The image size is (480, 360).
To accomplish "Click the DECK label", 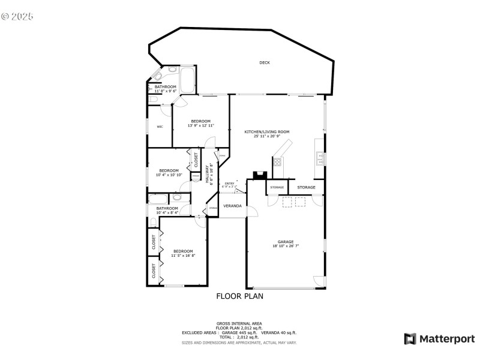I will pyautogui.click(x=265, y=62).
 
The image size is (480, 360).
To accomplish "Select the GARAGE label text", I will pyautogui.click(x=285, y=242).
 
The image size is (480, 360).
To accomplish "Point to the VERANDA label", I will pyautogui.click(x=233, y=206).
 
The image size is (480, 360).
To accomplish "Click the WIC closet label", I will pyautogui.click(x=160, y=127).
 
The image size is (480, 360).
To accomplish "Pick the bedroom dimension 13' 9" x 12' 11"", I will pyautogui.click(x=200, y=125).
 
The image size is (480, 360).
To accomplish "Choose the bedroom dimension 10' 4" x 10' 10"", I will pyautogui.click(x=169, y=175).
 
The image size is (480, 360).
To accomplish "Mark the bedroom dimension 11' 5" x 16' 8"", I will pyautogui.click(x=183, y=256).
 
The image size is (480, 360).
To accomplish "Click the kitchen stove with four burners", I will pyautogui.click(x=277, y=161).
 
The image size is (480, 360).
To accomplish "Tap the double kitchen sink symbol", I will pyautogui.click(x=320, y=159).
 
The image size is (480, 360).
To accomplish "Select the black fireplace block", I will pyautogui.click(x=259, y=176).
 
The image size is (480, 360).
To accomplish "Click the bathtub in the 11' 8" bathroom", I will pyautogui.click(x=187, y=79).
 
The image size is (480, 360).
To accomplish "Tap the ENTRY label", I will pyautogui.click(x=229, y=184).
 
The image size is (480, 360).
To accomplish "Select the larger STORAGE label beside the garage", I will pyautogui.click(x=306, y=187).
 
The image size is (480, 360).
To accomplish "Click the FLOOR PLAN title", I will pyautogui.click(x=239, y=296).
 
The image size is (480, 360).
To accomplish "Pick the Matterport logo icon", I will pyautogui.click(x=410, y=339).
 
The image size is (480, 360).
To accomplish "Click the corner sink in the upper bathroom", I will pyautogui.click(x=158, y=76).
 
